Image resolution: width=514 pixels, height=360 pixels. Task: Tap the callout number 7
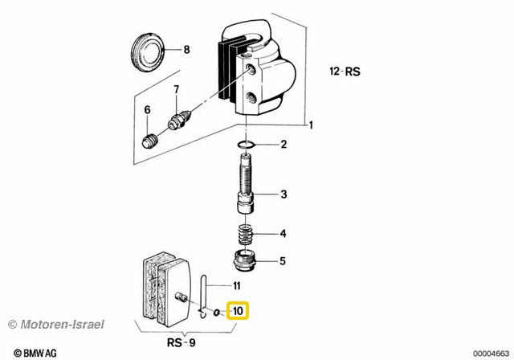point(176,88)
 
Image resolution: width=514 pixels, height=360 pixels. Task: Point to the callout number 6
point(147,109)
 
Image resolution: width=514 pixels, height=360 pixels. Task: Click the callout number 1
point(312,125)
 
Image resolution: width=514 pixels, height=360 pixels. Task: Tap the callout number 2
point(283,145)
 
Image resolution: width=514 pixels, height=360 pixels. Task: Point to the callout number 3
point(283,194)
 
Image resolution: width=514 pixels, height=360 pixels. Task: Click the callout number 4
point(283,235)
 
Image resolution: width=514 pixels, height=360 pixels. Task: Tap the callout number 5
point(283,261)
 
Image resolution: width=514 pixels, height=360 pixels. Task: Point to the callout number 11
point(236,285)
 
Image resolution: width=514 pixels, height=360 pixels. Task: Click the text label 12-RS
point(346,72)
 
